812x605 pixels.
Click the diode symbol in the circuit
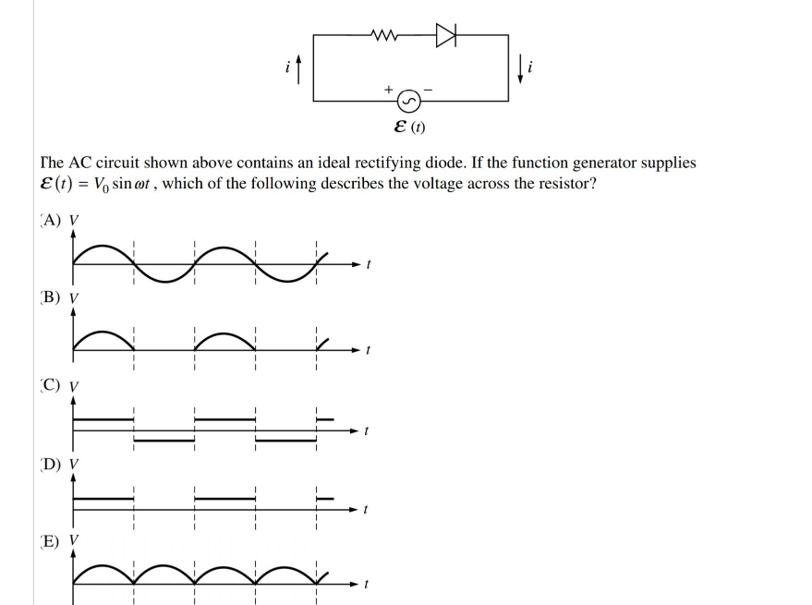[x=447, y=35]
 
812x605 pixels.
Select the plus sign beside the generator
[x=390, y=89]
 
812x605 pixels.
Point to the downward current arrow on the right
[x=522, y=67]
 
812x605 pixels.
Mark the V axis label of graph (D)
[x=75, y=464]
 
